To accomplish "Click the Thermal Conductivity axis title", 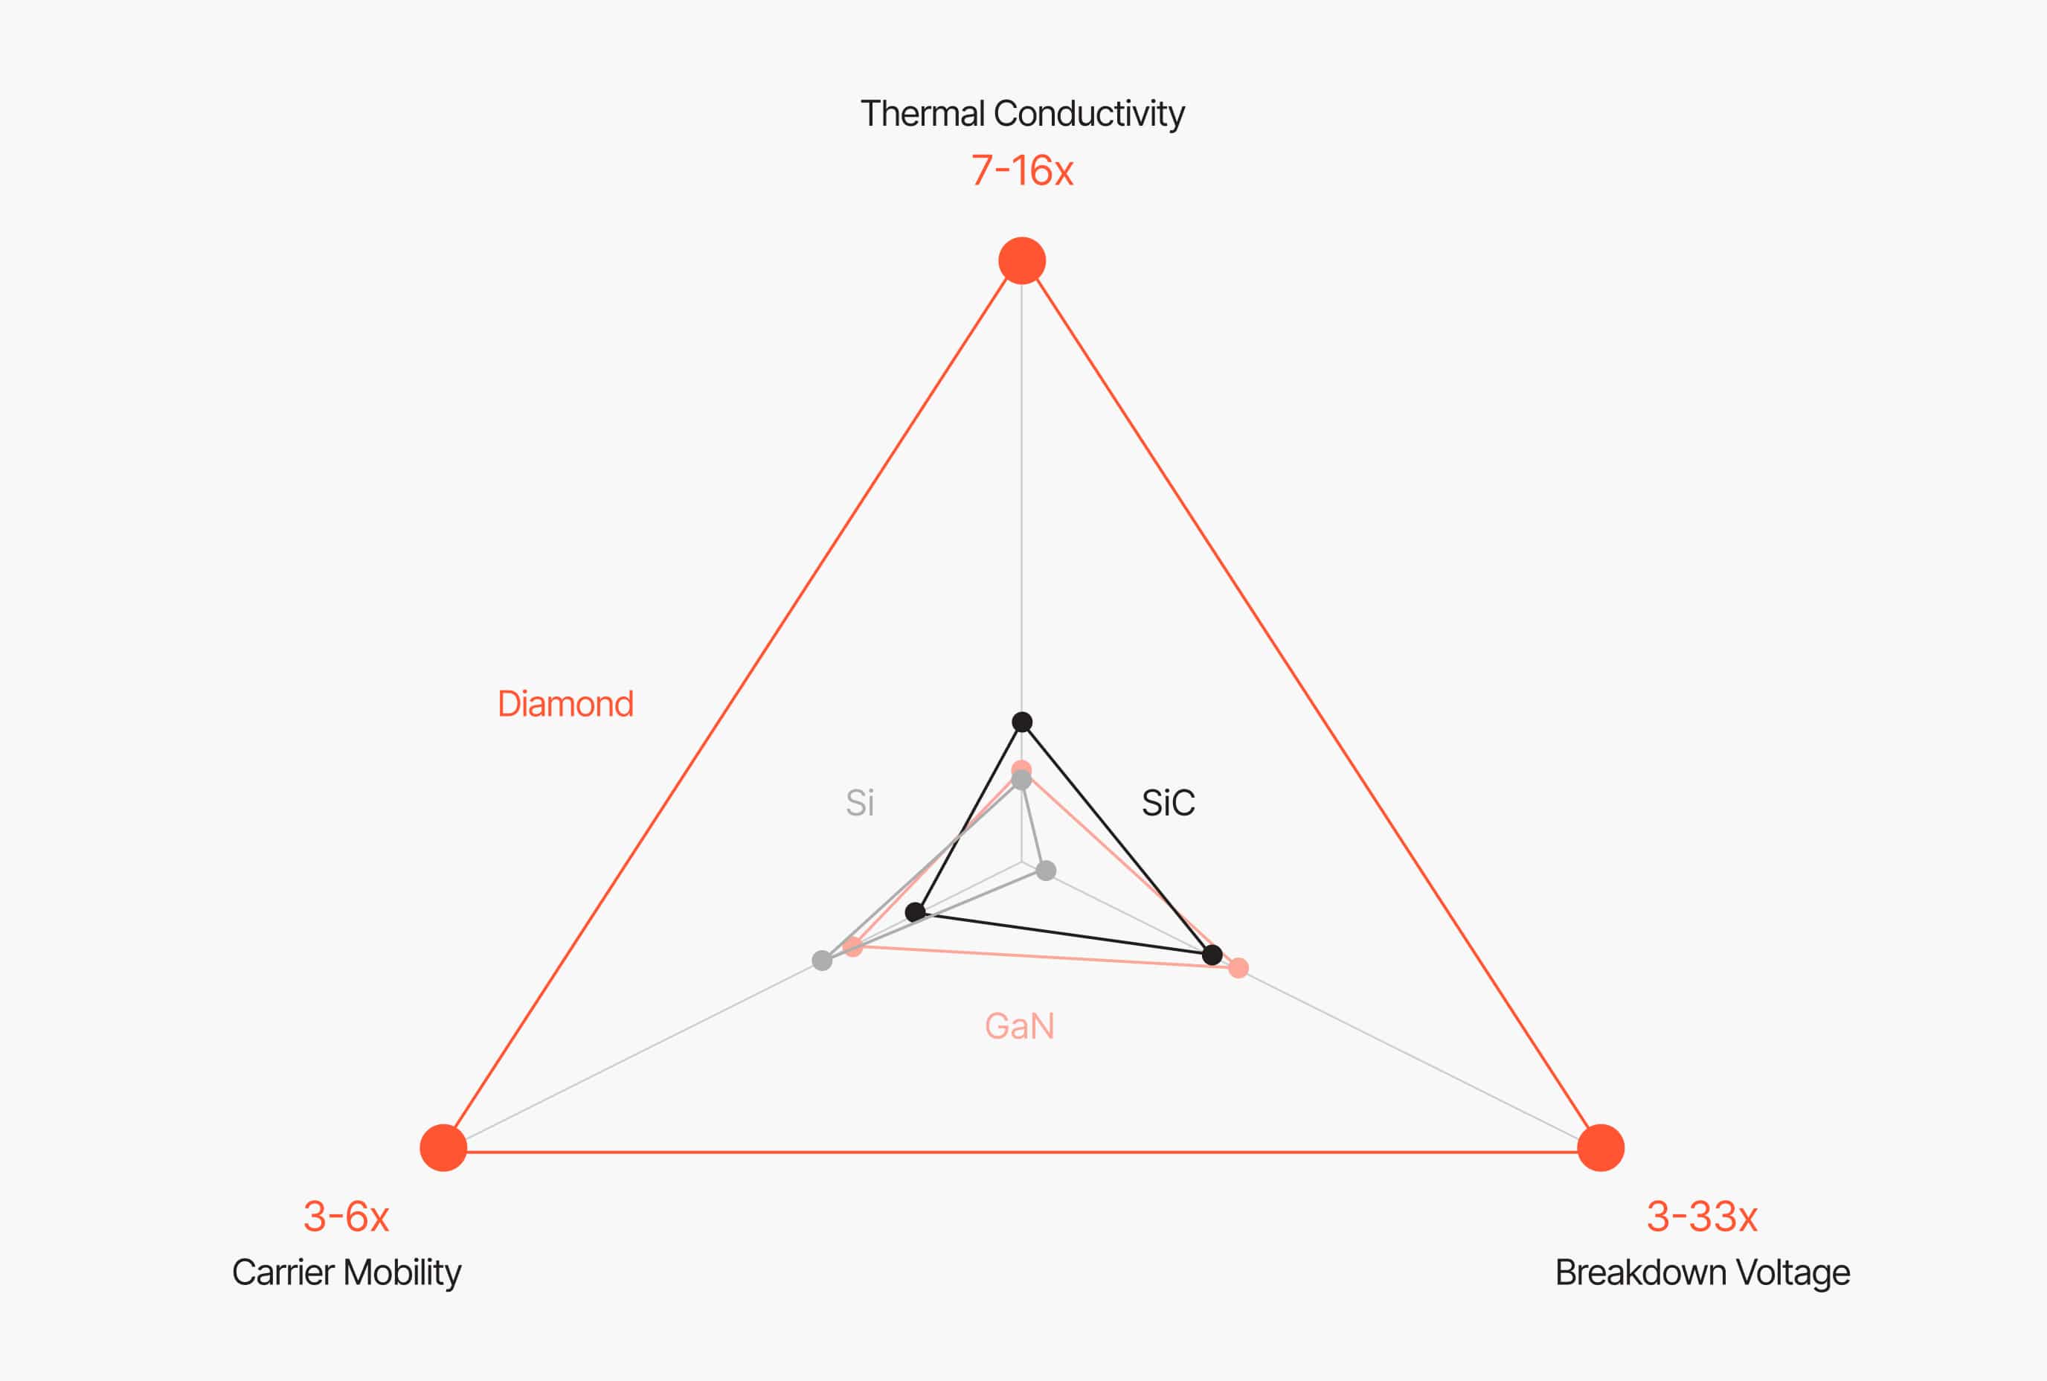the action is pyautogui.click(x=1022, y=115).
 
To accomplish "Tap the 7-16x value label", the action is pyautogui.click(x=1022, y=171).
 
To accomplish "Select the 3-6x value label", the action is pyautogui.click(x=346, y=1217).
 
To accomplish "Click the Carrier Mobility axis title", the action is pyautogui.click(x=346, y=1272).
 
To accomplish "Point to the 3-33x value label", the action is pyautogui.click(x=1702, y=1217).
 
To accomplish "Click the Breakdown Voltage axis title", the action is pyautogui.click(x=1702, y=1272).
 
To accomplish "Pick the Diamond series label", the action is pyautogui.click(x=565, y=705).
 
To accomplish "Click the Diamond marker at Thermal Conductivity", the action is pyautogui.click(x=1022, y=260).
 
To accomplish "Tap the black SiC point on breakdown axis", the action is pyautogui.click(x=1212, y=955).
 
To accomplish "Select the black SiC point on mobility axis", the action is pyautogui.click(x=916, y=911).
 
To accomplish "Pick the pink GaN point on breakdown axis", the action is pyautogui.click(x=1238, y=969).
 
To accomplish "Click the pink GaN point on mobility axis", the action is pyautogui.click(x=852, y=946).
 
